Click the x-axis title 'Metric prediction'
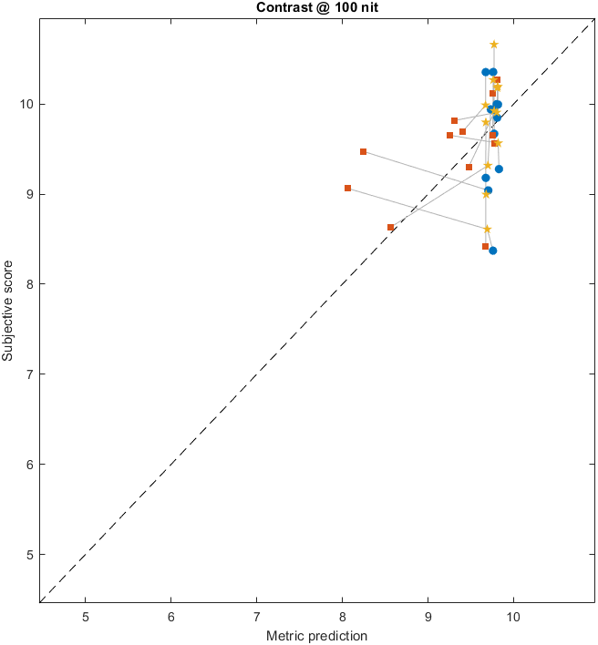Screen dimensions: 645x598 pyautogui.click(x=316, y=636)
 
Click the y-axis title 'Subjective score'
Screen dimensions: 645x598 pyautogui.click(x=9, y=313)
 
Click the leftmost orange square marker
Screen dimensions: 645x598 pyautogui.click(x=347, y=188)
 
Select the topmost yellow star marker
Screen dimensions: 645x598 pyautogui.click(x=494, y=44)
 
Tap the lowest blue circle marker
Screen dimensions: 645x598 pyautogui.click(x=493, y=251)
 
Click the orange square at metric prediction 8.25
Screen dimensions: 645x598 pyautogui.click(x=363, y=151)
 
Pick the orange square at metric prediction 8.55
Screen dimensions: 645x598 pyautogui.click(x=390, y=227)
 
